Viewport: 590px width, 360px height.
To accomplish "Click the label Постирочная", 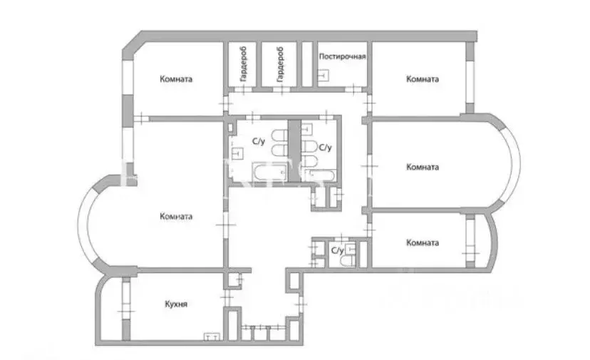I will coord(342,56).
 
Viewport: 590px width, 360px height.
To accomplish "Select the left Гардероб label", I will coord(243,64).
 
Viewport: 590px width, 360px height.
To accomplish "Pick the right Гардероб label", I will coord(281,64).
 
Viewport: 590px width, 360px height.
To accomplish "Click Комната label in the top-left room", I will coord(175,80).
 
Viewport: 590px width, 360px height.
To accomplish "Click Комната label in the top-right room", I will coord(423,79).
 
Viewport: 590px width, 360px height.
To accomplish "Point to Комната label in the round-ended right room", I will coord(423,168).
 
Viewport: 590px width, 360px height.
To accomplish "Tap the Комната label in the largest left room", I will coord(176,216).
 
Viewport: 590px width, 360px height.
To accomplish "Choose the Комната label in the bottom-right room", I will coord(422,242).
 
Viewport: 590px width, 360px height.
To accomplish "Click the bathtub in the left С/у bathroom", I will coord(263,171).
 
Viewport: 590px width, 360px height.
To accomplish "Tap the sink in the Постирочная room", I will coord(324,76).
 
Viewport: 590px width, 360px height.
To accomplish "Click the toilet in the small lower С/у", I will coord(347,262).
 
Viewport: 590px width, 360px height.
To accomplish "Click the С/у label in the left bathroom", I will coord(259,141).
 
